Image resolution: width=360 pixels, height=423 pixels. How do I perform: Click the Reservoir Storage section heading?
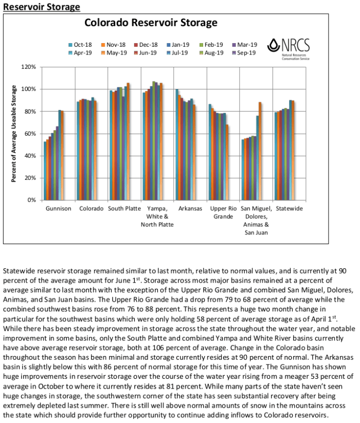(x=42, y=7)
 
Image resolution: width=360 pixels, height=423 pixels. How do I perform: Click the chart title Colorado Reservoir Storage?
(x=151, y=23)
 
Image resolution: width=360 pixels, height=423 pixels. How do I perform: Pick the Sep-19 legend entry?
(x=244, y=52)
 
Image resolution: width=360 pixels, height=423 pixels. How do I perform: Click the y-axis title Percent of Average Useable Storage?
(x=14, y=133)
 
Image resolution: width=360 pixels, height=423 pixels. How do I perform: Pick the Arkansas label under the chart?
(x=189, y=209)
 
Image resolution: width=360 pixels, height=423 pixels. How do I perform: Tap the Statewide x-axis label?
(x=289, y=209)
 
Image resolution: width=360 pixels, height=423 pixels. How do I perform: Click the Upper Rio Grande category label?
(x=223, y=213)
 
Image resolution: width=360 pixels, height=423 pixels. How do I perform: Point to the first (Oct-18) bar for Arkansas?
(x=177, y=144)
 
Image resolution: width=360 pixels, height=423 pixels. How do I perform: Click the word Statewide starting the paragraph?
(x=19, y=269)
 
